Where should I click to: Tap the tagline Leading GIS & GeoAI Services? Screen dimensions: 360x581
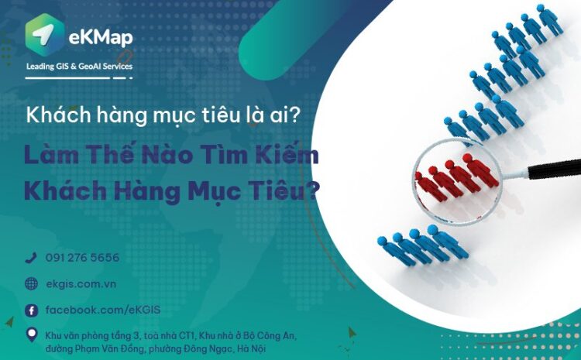click(x=79, y=67)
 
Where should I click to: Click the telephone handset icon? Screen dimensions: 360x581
click(x=31, y=258)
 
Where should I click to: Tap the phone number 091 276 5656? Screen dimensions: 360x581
click(x=82, y=258)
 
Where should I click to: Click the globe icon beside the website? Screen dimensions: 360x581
click(x=31, y=284)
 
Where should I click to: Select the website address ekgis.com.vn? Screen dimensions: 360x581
click(x=81, y=284)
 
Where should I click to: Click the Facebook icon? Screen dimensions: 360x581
click(x=31, y=310)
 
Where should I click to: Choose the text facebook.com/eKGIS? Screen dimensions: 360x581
click(x=102, y=310)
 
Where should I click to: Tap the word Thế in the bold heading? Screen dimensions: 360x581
click(x=115, y=154)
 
